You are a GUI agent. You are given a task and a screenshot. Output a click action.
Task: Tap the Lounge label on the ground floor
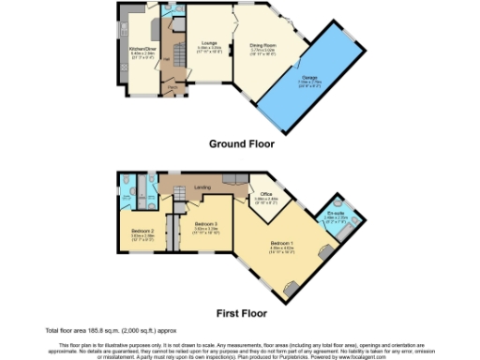point(209,43)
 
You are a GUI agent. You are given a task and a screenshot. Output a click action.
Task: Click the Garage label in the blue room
point(310,79)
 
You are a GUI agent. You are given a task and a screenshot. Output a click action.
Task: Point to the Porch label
point(173,90)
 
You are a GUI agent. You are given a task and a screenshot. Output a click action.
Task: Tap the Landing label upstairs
point(202,188)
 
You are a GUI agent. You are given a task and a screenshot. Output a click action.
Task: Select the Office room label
point(266,194)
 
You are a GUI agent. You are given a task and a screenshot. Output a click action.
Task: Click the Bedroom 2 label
point(142,230)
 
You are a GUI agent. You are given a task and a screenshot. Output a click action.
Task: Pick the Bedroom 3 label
point(206,224)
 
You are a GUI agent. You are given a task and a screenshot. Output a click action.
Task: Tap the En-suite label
point(335,214)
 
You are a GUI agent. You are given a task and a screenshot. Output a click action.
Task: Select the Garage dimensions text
point(310,82)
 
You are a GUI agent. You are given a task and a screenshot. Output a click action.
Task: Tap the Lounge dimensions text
point(209,49)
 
